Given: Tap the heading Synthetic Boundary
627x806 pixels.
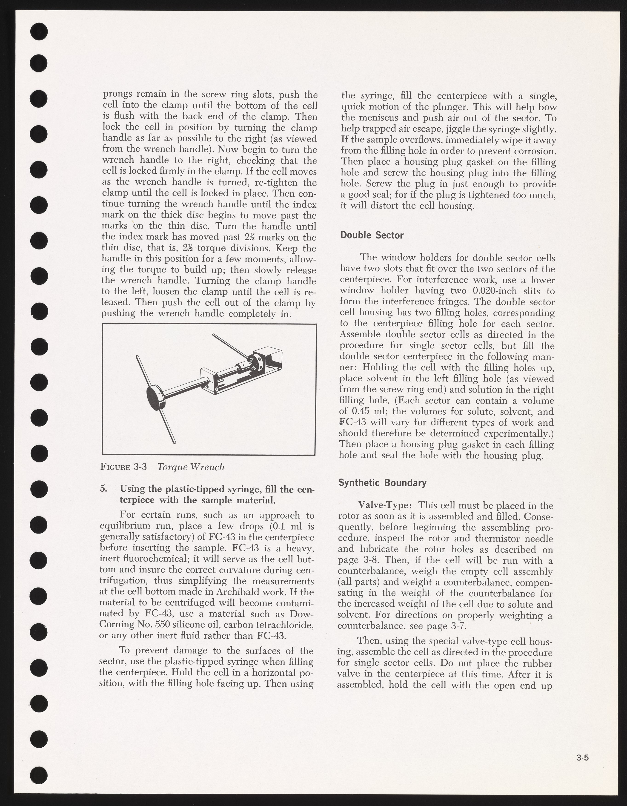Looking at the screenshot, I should (382, 483).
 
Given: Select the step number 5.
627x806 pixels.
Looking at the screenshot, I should (104, 489).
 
